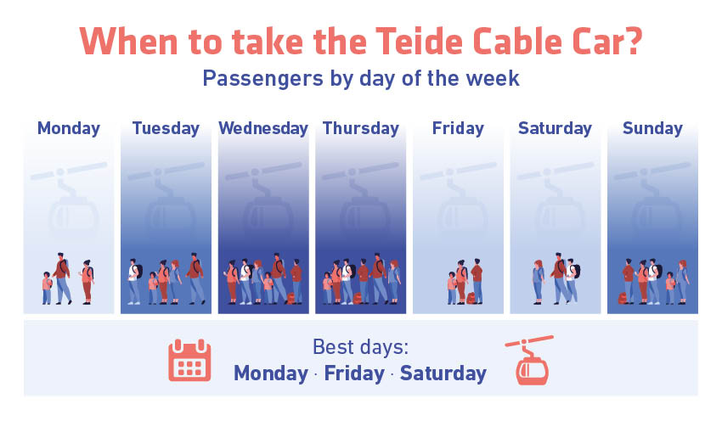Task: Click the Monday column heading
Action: pos(69,128)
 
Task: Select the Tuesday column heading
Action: pos(166,128)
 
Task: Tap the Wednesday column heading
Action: pos(263,128)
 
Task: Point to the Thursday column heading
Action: pos(360,128)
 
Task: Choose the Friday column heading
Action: pos(458,128)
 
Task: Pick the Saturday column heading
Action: pos(555,128)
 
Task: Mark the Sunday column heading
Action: pos(652,128)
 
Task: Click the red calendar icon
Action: pos(189,360)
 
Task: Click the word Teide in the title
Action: pos(419,42)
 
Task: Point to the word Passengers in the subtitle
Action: pos(263,79)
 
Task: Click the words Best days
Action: pos(360,347)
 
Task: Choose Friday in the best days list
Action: pos(354,373)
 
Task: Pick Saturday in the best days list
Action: pos(443,373)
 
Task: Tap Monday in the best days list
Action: pos(271,373)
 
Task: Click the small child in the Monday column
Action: pos(47,288)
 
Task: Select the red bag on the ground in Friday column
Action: pos(471,298)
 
